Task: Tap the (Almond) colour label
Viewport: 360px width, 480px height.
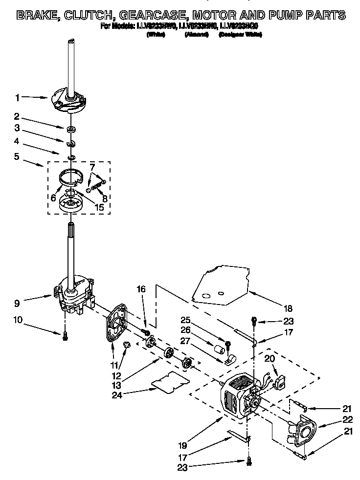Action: [x=194, y=35]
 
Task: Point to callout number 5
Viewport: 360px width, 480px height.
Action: [x=17, y=157]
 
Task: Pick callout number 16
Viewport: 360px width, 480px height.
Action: [x=141, y=289]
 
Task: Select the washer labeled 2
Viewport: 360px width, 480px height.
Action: [x=71, y=129]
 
